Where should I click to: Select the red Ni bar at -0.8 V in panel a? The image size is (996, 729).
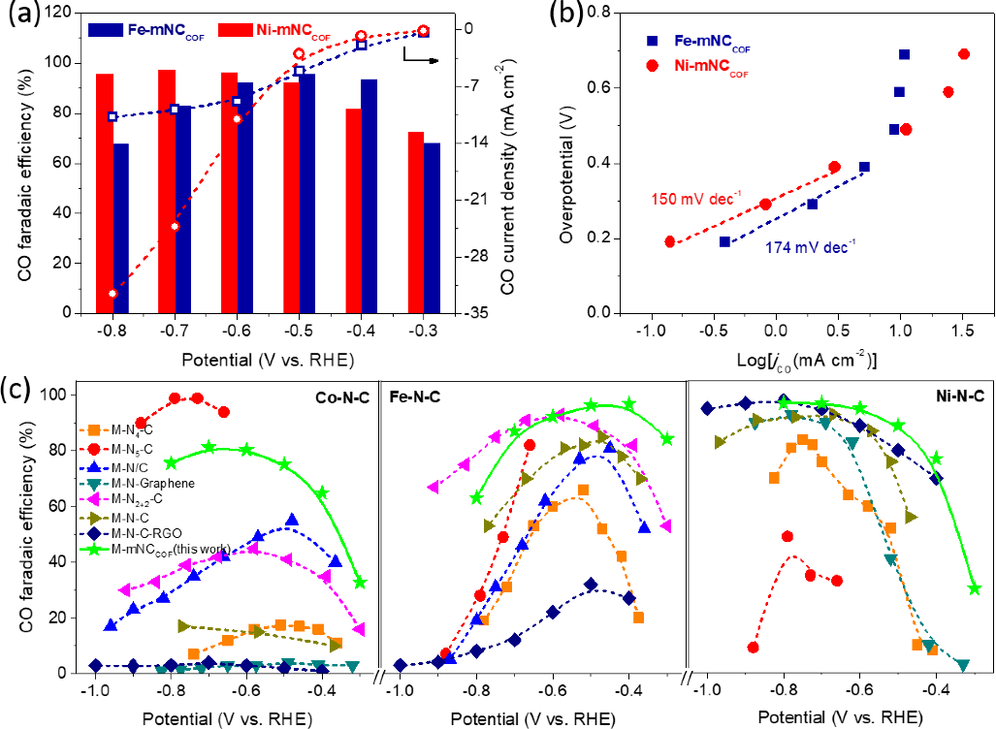(x=105, y=194)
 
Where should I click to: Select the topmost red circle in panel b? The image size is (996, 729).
(x=964, y=54)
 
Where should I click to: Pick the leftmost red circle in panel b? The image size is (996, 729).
(x=669, y=241)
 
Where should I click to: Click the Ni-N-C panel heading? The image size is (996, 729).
(x=953, y=396)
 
